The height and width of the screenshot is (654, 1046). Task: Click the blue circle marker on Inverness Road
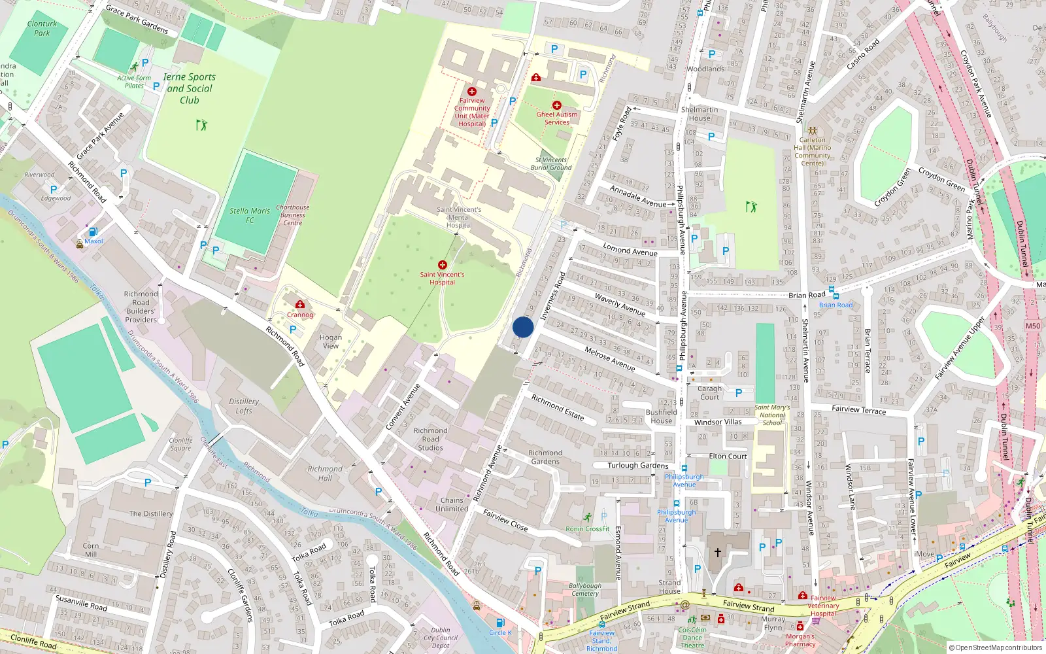pos(523,328)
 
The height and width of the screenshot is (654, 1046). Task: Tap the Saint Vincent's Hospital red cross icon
pos(443,265)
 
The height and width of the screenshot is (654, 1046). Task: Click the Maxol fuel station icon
pos(93,232)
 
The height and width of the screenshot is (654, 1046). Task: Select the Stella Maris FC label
pos(250,215)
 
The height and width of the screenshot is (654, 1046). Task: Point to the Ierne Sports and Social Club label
pos(190,88)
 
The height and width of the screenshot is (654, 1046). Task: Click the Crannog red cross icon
pos(300,305)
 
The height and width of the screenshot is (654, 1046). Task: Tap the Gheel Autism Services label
pos(557,118)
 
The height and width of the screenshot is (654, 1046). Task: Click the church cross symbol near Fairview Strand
pos(717,553)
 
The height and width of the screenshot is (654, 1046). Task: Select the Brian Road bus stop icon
pos(832,296)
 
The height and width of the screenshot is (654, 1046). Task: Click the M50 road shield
pos(1033,326)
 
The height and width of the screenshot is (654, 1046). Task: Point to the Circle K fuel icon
pos(499,623)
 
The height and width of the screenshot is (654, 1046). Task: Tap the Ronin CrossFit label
pos(588,529)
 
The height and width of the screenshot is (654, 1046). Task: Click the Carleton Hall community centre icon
pos(813,131)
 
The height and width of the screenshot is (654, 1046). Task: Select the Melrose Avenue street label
pos(609,358)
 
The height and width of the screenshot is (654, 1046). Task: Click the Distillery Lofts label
pos(244,406)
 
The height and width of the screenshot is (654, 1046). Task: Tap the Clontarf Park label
pos(42,28)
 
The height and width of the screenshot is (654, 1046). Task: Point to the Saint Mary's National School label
pos(772,415)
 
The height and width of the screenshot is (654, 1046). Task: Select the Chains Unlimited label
pos(452,504)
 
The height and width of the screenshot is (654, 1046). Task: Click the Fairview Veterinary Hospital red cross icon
pos(803,595)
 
